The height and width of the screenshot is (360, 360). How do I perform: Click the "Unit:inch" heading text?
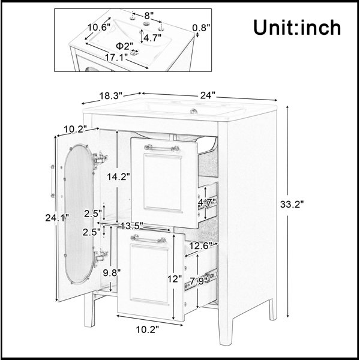297,28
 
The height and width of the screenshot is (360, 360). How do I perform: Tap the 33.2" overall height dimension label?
292,204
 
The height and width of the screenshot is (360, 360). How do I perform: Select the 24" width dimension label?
208,95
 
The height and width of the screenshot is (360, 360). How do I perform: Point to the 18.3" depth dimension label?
111,95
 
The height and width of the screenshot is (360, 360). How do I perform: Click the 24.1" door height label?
57,218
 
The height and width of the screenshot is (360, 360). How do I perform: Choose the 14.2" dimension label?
118,176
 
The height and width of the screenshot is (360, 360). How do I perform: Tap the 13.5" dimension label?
132,226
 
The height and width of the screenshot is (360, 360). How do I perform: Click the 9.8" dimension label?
112,273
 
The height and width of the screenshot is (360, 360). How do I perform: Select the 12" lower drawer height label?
175,279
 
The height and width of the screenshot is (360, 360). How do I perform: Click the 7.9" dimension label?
199,281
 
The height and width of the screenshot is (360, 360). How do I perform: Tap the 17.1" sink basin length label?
116,58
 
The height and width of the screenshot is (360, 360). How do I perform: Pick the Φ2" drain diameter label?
124,46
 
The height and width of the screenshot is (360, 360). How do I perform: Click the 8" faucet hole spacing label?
149,16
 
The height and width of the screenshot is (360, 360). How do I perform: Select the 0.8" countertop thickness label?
201,28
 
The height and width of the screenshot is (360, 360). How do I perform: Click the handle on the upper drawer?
162,148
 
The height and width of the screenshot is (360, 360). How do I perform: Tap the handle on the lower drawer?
148,239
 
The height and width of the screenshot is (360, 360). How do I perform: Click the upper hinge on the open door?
100,158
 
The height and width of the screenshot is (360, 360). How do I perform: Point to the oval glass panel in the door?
79,214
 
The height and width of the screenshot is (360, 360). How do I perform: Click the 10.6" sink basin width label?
99,28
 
